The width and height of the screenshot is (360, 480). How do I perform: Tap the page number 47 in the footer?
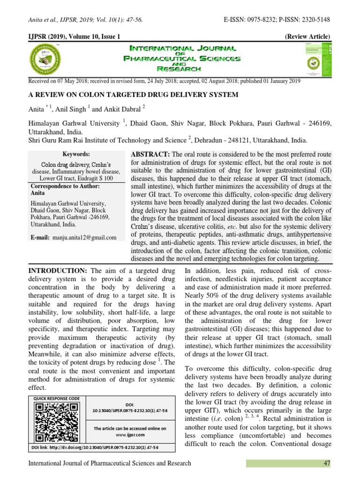(x=327, y=463)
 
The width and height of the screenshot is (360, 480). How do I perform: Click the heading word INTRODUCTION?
(x=58, y=271)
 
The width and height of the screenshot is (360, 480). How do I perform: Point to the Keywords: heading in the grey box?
(x=76, y=154)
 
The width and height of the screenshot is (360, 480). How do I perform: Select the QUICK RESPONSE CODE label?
(x=53, y=398)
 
